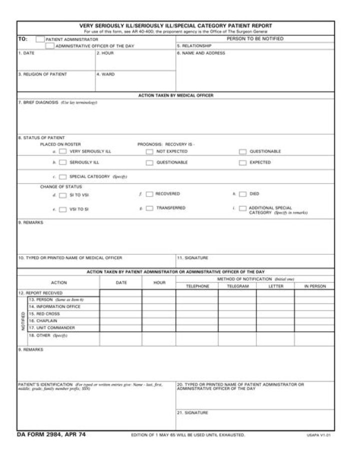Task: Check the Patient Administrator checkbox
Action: [40, 39]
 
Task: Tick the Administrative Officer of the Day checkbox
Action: [49, 46]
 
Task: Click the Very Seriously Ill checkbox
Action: [63, 151]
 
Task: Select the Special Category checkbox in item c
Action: [62, 177]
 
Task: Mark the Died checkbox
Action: [242, 194]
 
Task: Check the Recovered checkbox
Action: [149, 194]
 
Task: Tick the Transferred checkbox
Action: [149, 208]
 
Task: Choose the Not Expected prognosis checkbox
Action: [149, 151]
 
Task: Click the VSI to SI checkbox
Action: [63, 210]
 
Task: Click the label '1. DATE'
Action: [26, 53]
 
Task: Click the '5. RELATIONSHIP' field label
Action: [194, 46]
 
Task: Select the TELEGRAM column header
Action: [237, 286]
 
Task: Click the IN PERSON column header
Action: [314, 286]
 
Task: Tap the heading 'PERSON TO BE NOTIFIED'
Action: [255, 39]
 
